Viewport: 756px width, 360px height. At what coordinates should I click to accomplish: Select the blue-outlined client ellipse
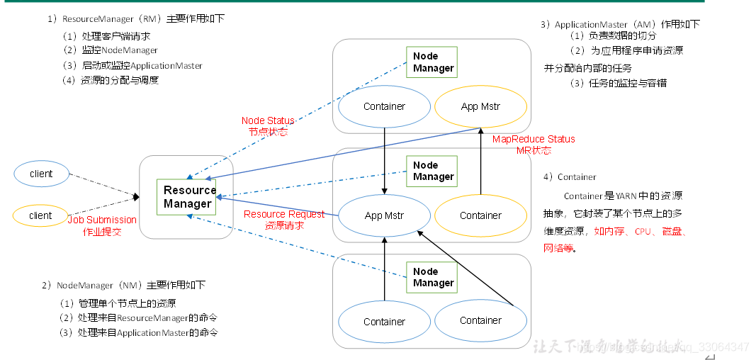click(41, 174)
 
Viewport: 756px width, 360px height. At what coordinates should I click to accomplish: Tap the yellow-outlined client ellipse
click(41, 215)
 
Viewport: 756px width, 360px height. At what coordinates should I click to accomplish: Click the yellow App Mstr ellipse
click(480, 107)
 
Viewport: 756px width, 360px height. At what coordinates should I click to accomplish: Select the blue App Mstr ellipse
click(384, 215)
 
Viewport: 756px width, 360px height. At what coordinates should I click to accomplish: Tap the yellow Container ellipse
click(480, 215)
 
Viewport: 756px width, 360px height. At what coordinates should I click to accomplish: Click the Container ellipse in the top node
click(384, 107)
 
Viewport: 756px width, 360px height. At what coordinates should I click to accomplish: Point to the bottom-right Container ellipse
click(480, 321)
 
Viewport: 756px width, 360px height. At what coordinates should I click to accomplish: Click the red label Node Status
click(268, 120)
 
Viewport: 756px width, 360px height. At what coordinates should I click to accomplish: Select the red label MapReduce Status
click(534, 139)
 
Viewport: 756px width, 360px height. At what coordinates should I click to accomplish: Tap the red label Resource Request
click(284, 214)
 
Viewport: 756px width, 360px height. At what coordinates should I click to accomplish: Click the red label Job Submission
click(102, 220)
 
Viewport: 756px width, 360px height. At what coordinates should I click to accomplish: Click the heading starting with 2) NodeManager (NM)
click(123, 285)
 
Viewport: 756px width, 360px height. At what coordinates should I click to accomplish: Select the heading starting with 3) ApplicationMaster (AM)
click(619, 24)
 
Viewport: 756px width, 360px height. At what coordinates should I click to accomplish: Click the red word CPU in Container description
click(643, 232)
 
